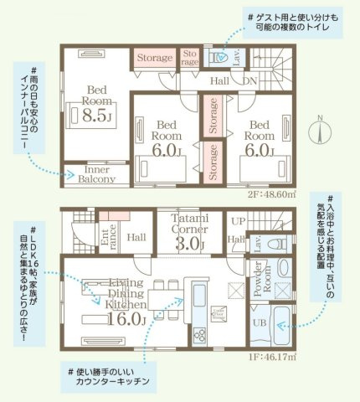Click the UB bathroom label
[260, 322]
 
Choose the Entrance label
[109, 238]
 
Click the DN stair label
[249, 81]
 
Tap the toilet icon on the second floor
[219, 57]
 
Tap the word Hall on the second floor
[219, 81]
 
